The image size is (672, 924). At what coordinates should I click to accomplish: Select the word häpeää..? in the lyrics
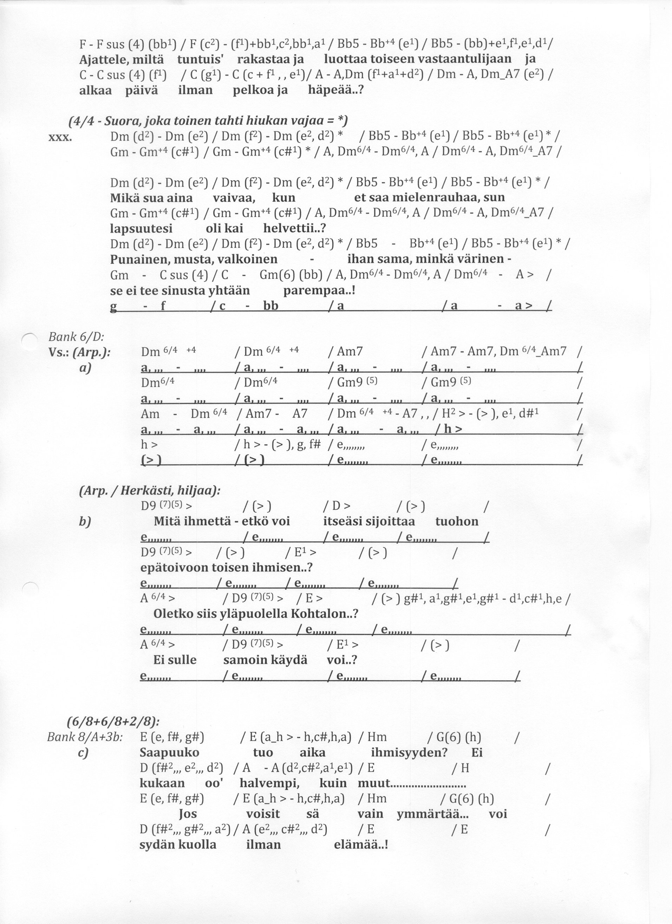pos(335,90)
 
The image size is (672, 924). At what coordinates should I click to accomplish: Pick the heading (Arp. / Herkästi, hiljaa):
pos(150,491)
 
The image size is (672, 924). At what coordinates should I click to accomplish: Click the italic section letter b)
pos(85,522)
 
